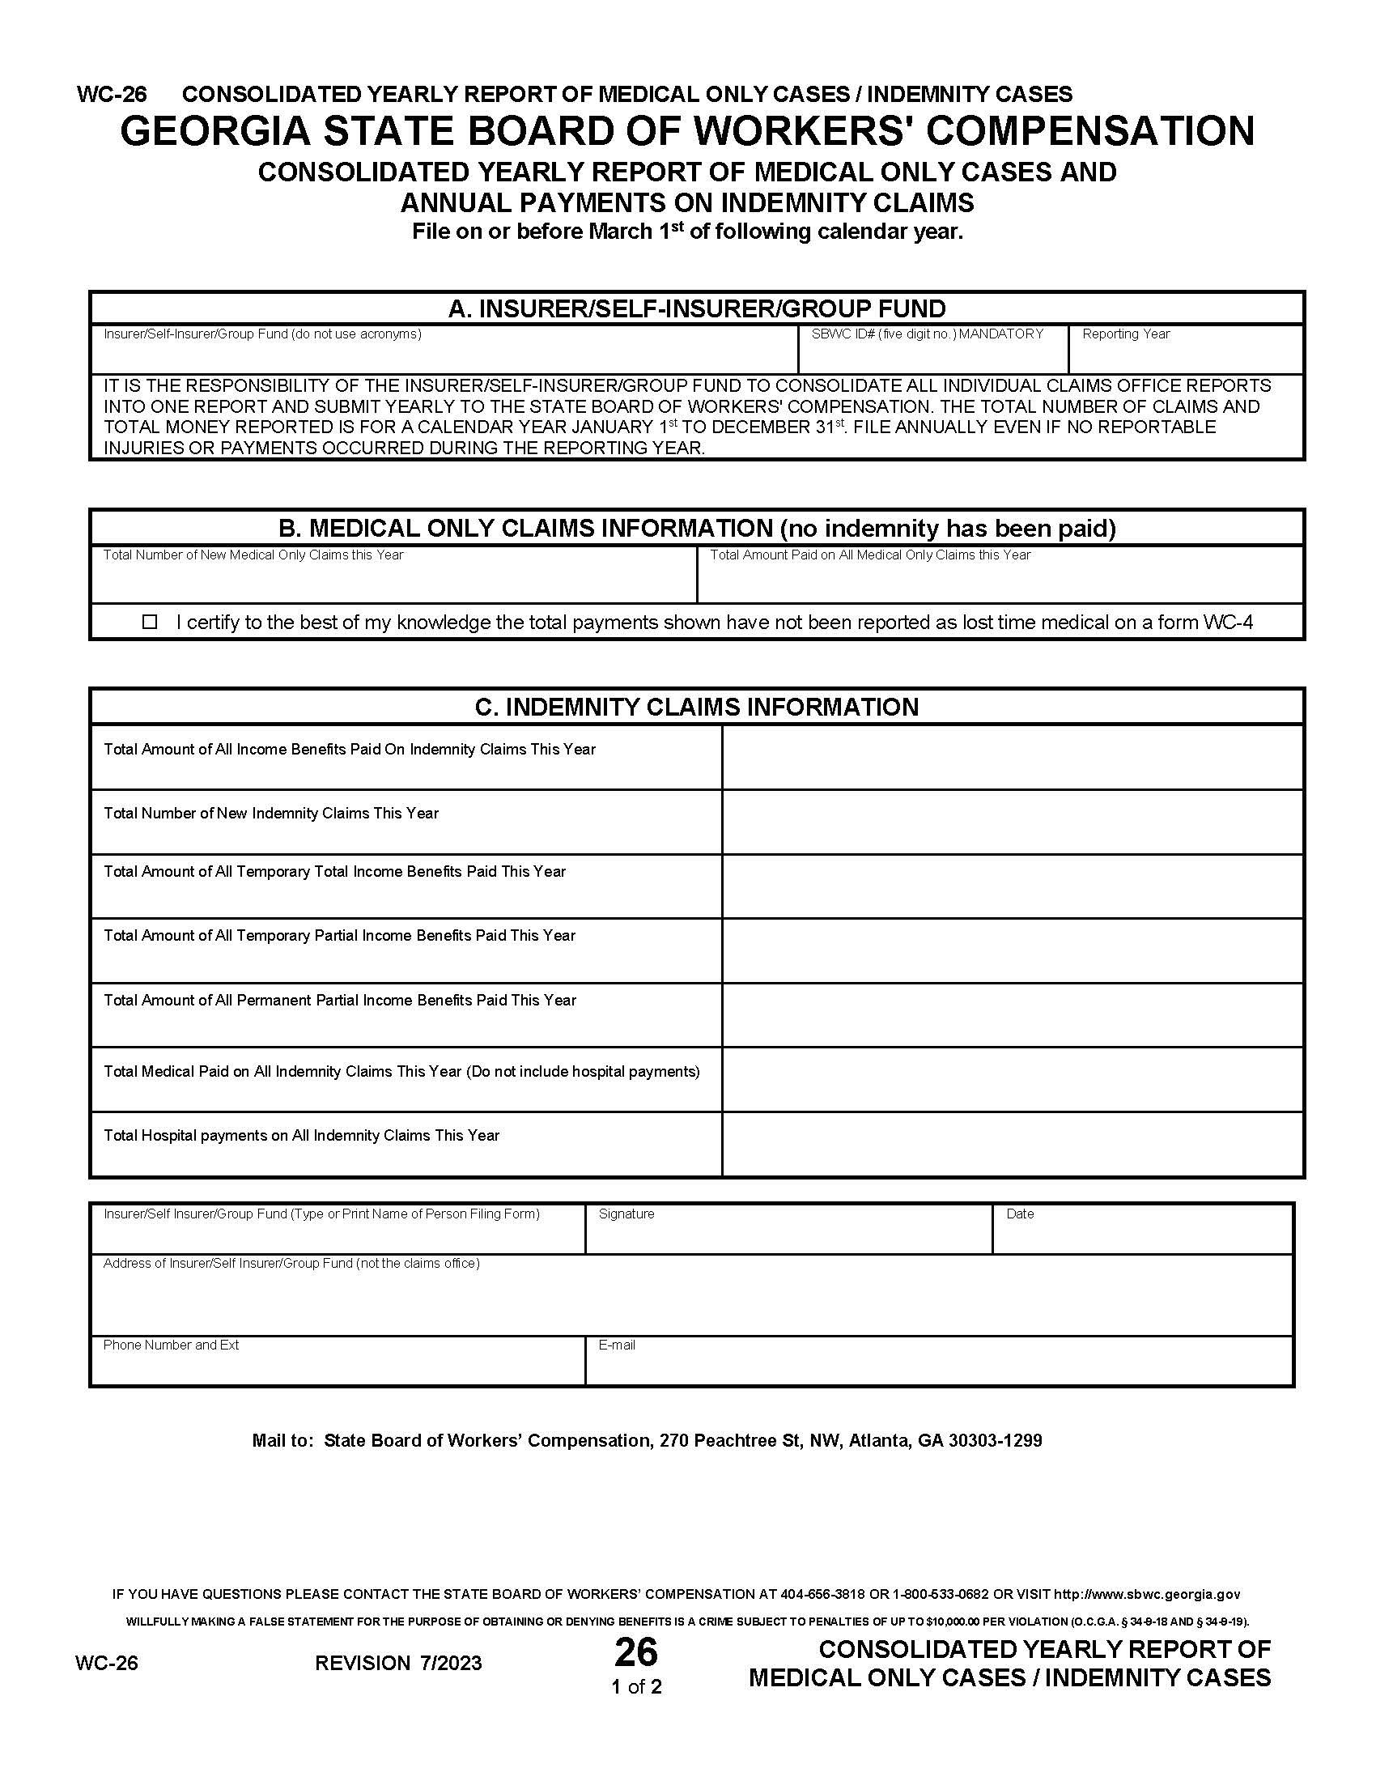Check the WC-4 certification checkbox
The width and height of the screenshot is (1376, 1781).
coord(150,623)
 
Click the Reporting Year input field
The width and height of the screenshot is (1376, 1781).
coord(1185,356)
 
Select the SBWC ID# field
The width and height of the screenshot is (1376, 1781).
coord(932,356)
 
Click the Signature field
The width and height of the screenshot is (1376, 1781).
coord(788,1237)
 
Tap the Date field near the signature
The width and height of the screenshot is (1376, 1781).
coord(1142,1237)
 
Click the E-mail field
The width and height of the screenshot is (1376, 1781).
coord(938,1367)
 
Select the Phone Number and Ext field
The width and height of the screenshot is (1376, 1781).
coord(338,1367)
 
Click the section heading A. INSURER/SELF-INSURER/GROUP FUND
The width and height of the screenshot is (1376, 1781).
coord(697,309)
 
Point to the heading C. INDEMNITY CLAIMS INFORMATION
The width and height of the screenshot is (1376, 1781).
coord(697,707)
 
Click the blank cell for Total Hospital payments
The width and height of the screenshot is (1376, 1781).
coord(1013,1144)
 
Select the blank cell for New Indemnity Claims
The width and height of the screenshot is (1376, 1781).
coord(1013,822)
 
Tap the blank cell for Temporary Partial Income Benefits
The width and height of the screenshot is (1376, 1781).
coord(1013,951)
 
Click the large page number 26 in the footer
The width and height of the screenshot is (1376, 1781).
coord(636,1653)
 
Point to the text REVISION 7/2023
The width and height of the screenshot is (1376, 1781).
coord(398,1664)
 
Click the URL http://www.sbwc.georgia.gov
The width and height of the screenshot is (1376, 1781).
coord(1147,1594)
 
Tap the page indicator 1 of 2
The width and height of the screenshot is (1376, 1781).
coord(637,1687)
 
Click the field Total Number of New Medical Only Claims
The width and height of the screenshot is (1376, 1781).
coord(393,581)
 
